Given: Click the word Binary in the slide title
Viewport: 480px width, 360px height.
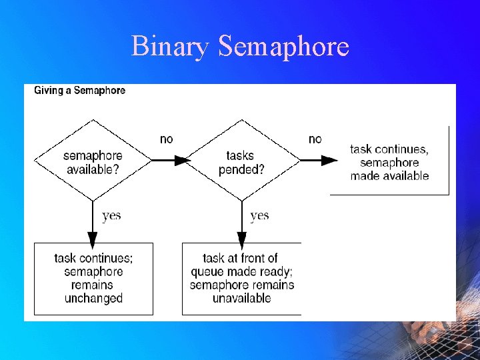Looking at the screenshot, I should click(171, 47).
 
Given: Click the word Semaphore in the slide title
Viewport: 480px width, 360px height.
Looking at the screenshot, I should click(283, 47).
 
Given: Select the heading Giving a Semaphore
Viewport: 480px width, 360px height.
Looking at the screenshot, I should click(79, 90).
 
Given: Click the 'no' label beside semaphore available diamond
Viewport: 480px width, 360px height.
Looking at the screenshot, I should click(167, 139).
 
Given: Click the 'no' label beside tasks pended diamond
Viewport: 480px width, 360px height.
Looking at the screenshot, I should click(315, 139).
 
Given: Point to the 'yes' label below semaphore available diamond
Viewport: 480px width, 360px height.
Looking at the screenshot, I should click(111, 215).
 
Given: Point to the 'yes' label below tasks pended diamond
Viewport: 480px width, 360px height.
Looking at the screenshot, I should click(259, 215).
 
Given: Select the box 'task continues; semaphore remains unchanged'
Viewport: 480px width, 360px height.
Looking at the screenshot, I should click(93, 279).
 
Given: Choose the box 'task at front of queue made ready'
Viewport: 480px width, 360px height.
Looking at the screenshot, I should click(241, 279).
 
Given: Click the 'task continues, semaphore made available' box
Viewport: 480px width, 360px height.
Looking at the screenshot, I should click(389, 163).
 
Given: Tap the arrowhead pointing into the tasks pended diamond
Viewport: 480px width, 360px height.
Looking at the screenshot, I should click(182, 160).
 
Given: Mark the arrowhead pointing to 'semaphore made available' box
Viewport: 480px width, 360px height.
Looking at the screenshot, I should click(330, 160).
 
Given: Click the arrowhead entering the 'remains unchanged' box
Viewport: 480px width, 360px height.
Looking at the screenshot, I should click(93, 237).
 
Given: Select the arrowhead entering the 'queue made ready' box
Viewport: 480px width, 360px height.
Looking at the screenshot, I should click(241, 237).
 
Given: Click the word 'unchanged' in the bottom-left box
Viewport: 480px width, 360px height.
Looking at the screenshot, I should click(93, 299).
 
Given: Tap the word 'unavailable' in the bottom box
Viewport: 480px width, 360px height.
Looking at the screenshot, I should click(241, 299).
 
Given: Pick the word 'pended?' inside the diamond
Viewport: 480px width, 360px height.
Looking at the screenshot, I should click(241, 169).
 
